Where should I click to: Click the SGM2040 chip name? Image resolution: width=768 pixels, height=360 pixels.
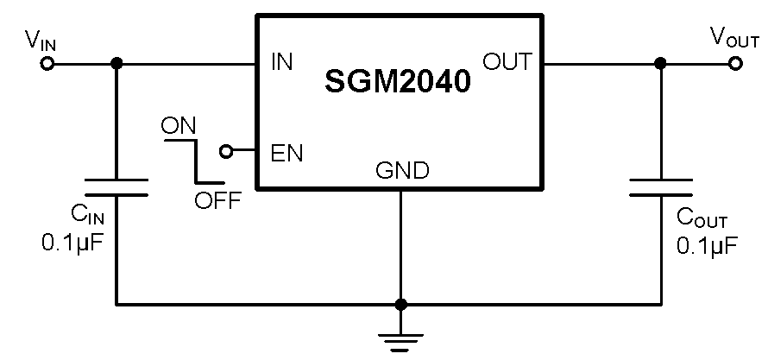pyautogui.click(x=399, y=82)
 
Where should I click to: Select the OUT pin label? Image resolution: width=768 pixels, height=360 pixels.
pyautogui.click(x=507, y=62)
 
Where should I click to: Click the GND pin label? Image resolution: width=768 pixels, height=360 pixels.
pyautogui.click(x=401, y=171)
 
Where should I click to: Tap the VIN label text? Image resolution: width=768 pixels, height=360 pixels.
pyautogui.click(x=40, y=39)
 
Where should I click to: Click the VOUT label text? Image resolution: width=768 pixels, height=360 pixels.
pyautogui.click(x=733, y=37)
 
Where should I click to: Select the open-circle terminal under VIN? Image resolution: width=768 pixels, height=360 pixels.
pyautogui.click(x=47, y=63)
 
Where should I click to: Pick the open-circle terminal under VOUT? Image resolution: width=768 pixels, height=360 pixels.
pyautogui.click(x=735, y=63)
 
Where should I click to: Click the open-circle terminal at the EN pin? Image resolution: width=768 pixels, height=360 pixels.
pyautogui.click(x=226, y=152)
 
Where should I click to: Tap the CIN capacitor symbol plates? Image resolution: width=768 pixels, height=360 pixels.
pyautogui.click(x=116, y=188)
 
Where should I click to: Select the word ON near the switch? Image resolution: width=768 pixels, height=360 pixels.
pyautogui.click(x=179, y=125)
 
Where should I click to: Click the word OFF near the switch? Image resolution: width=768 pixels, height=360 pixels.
pyautogui.click(x=217, y=202)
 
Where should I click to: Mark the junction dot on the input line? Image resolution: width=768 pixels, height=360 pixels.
pyautogui.click(x=116, y=63)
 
